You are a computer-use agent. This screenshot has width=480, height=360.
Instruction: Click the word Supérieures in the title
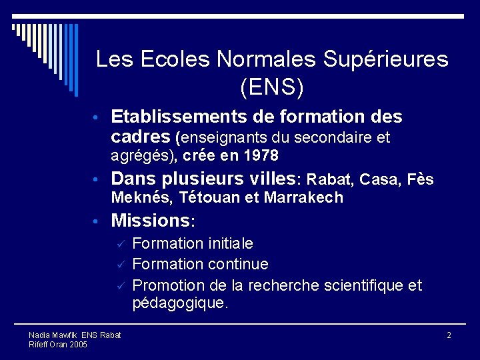(x=386, y=59)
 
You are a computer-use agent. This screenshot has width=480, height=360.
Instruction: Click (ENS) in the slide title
(x=271, y=86)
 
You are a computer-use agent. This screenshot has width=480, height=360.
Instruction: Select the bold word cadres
(x=141, y=137)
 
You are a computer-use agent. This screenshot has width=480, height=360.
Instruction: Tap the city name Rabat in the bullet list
(x=331, y=180)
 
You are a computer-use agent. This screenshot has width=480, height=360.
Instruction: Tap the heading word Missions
(x=151, y=220)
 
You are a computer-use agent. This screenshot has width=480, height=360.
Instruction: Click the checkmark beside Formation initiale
(x=121, y=245)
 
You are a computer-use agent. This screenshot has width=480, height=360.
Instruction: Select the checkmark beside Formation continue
(x=121, y=265)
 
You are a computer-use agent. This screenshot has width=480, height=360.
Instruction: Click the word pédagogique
(x=180, y=303)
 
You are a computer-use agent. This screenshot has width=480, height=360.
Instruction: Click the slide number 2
(x=449, y=335)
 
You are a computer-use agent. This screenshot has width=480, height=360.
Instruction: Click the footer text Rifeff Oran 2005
(x=58, y=344)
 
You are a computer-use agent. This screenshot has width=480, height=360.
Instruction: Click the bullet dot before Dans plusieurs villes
(x=97, y=180)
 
